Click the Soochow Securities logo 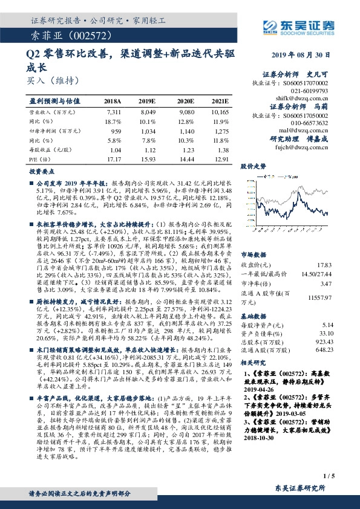pos(292,26)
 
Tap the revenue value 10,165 pos(220,112)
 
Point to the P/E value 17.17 pos(114,158)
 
